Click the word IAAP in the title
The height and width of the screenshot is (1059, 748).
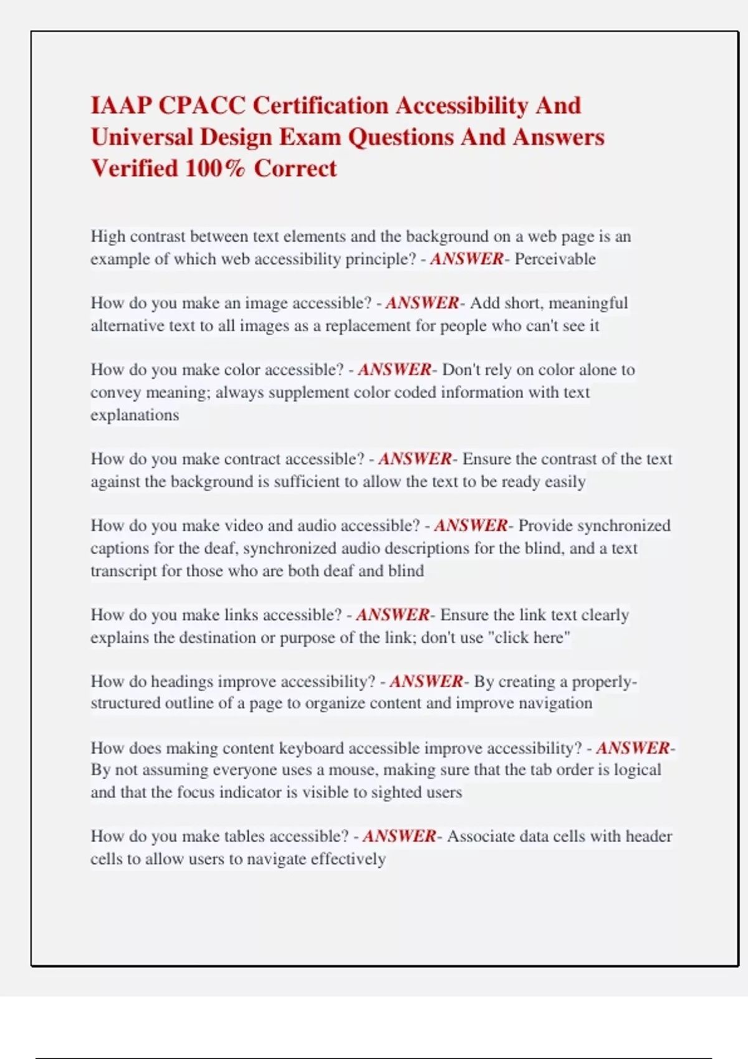(121, 105)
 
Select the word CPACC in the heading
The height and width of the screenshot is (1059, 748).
(202, 105)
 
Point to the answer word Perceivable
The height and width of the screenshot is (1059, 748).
(555, 259)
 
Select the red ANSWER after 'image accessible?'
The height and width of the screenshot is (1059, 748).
(422, 303)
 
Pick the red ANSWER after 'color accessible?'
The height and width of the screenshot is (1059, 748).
(394, 369)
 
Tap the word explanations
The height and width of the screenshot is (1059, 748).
(135, 415)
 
